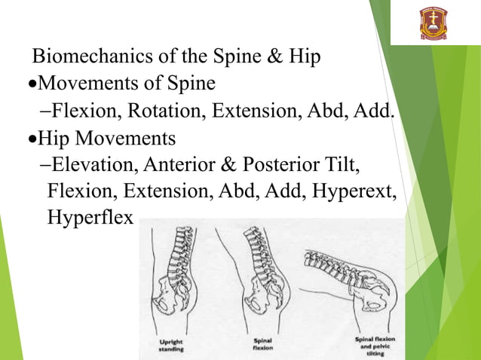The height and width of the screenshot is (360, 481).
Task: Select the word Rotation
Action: (166, 111)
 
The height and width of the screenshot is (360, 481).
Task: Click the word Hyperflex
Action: (90, 218)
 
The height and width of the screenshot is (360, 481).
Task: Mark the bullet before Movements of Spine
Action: (32, 84)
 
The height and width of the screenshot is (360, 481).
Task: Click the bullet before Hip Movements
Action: (32, 139)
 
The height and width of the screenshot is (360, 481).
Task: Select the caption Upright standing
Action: (173, 344)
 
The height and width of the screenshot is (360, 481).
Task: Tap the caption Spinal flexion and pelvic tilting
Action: (372, 345)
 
